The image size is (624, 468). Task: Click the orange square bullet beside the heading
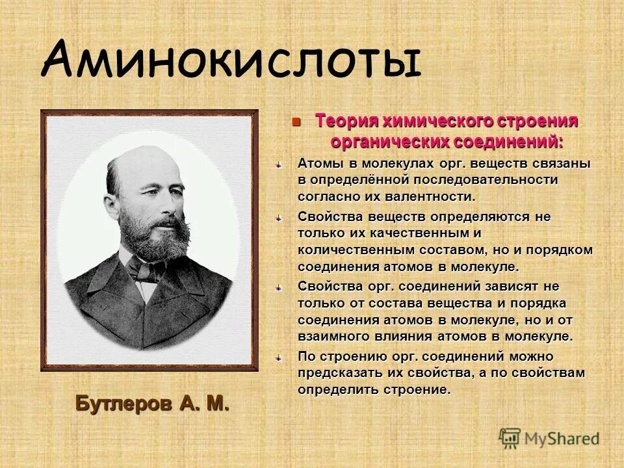(x=296, y=122)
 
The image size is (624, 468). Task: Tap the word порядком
(x=562, y=250)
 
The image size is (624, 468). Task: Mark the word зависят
(x=505, y=286)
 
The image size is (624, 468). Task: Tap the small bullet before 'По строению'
(x=278, y=357)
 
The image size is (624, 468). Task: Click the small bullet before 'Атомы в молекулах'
(x=278, y=164)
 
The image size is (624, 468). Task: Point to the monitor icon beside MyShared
(x=510, y=438)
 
